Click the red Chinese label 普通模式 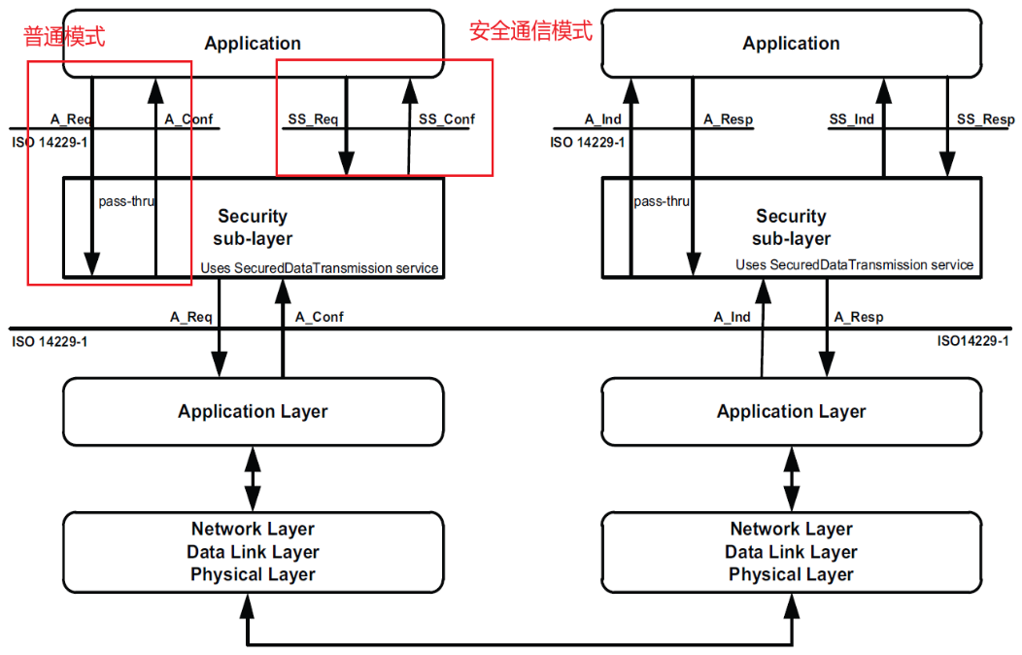click(x=64, y=37)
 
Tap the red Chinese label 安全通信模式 click(x=530, y=31)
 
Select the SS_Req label click(x=313, y=120)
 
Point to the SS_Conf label click(x=447, y=120)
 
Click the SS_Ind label click(x=851, y=120)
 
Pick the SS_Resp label click(x=985, y=120)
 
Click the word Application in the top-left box click(x=253, y=44)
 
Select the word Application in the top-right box click(x=791, y=44)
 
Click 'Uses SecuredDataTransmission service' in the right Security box click(x=854, y=264)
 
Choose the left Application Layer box click(x=253, y=412)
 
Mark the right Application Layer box click(x=791, y=412)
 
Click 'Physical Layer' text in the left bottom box click(x=253, y=574)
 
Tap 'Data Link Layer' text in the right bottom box click(x=791, y=552)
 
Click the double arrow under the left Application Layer click(x=253, y=478)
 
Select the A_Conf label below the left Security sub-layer click(x=320, y=317)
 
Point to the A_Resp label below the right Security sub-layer click(x=859, y=317)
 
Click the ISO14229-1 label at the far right click(x=972, y=341)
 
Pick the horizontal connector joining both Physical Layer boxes click(x=522, y=642)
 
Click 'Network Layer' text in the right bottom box click(x=791, y=529)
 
